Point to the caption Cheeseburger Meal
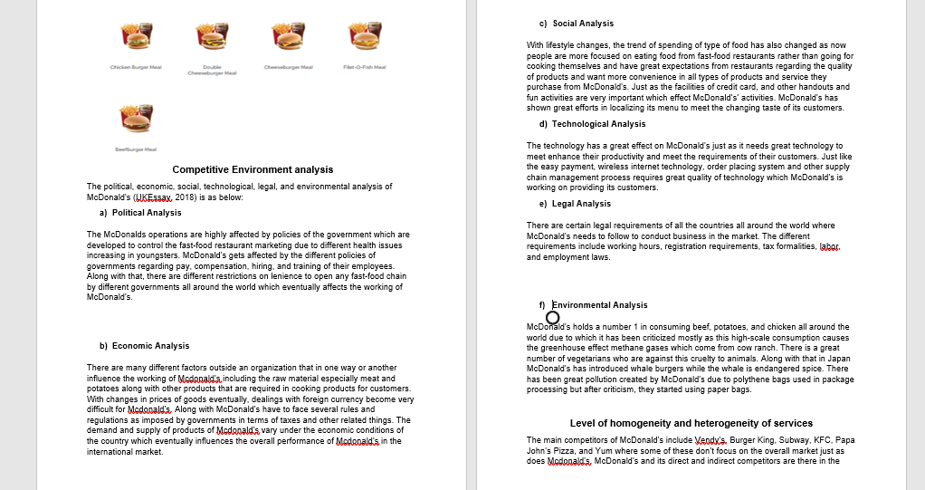coord(288,68)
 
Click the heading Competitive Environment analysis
coord(253,169)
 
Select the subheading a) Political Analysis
coord(140,213)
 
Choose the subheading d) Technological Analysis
coord(592,124)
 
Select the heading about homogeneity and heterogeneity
coord(691,423)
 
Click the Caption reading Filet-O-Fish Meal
coord(365,68)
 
